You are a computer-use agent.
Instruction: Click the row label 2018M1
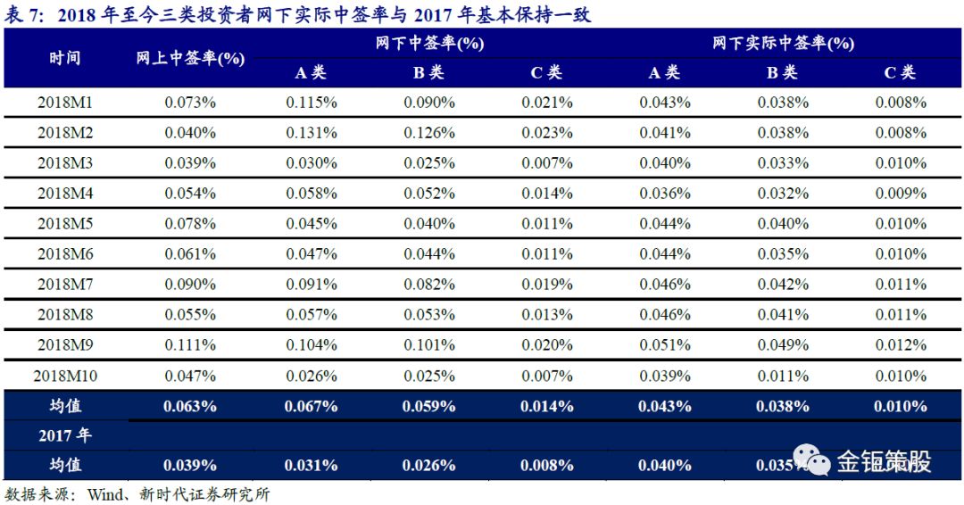(65, 103)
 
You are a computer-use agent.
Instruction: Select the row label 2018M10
(65, 376)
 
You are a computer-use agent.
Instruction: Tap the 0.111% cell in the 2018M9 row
(190, 345)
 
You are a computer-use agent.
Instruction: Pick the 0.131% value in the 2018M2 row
(312, 133)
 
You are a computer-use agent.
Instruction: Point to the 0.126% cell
(429, 133)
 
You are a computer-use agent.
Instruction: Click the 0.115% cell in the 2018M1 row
(312, 103)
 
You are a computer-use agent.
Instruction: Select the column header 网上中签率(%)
(190, 58)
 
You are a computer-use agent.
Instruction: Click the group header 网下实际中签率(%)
(783, 43)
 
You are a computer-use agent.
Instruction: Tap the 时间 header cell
(65, 58)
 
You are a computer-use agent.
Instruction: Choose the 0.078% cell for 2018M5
(190, 224)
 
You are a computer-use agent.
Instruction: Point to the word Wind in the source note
(104, 494)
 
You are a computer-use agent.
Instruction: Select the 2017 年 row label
(65, 435)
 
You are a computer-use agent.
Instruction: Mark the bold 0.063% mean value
(190, 406)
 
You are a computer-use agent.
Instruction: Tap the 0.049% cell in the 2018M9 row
(783, 345)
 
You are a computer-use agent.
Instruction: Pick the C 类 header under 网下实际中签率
(900, 73)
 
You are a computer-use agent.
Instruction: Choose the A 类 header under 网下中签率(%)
(312, 73)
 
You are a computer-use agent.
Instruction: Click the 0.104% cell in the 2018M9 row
(312, 345)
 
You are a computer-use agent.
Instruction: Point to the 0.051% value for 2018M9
(665, 345)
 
